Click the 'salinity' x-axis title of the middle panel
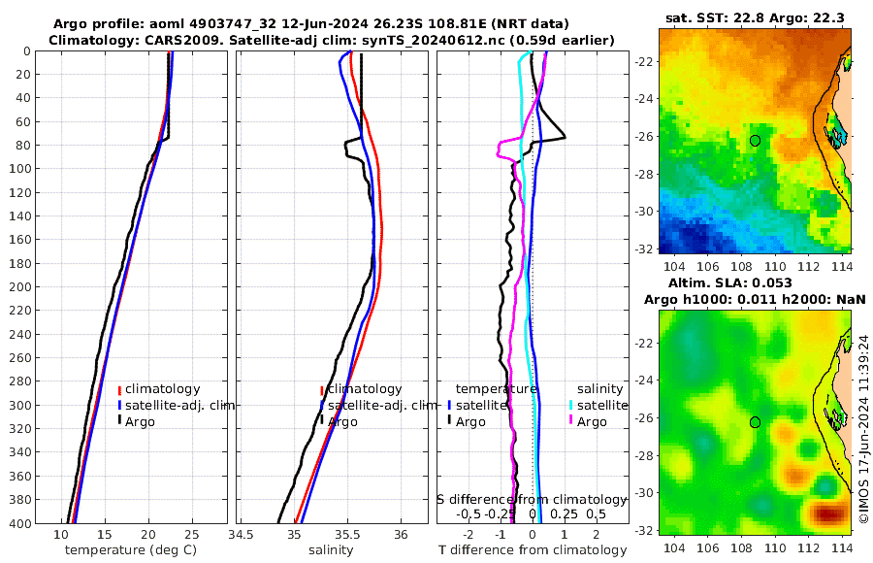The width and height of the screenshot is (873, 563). (x=331, y=550)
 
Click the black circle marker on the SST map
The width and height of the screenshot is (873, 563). (x=755, y=141)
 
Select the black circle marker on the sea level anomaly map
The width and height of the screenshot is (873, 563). (x=755, y=422)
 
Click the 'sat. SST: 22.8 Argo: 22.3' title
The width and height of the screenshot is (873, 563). (x=755, y=17)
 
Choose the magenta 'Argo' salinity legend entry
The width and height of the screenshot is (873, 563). (x=593, y=422)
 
